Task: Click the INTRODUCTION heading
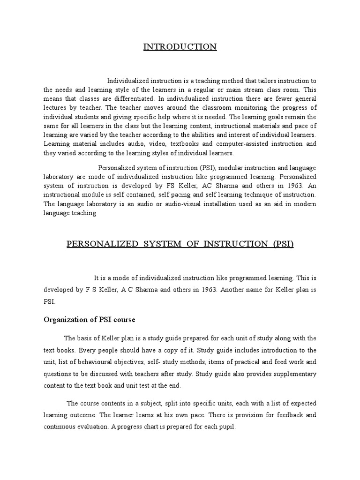coord(180,46)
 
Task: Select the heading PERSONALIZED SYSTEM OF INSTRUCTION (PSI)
coord(180,245)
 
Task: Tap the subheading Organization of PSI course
coord(89,320)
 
